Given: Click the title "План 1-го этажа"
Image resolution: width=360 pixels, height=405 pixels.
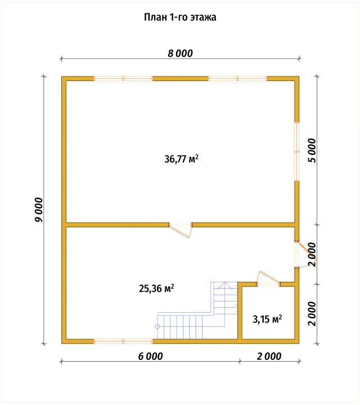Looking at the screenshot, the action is pos(180,17).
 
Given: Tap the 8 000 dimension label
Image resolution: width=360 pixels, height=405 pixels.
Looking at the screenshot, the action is pos(180,53).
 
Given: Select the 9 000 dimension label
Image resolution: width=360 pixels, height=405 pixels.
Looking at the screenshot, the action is pos(39,210).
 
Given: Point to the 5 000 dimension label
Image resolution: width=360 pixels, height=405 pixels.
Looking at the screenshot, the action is pos(312,150).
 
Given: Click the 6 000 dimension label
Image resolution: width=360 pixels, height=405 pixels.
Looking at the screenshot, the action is pos(150,356).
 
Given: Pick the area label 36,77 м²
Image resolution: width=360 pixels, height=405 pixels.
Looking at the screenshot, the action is pos(181,159).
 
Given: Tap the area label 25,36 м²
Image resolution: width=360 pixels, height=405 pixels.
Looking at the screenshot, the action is pos(156,288).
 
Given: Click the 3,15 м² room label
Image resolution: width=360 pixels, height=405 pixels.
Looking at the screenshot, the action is pos(267,319).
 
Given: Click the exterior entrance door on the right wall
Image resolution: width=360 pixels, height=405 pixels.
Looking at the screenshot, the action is pos(303,255).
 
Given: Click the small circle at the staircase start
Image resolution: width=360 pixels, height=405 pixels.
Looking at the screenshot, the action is pos(157,326).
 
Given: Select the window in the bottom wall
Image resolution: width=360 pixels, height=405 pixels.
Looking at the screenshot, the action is pos(123,341).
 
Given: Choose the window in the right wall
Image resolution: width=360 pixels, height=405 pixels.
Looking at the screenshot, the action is pos(297,151).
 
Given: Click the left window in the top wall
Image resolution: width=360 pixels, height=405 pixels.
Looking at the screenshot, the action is pos(123,79).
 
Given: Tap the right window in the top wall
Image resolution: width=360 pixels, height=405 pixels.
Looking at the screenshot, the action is pos(237,79).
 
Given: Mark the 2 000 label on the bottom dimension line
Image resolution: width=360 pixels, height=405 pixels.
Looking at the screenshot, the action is pos(269,356).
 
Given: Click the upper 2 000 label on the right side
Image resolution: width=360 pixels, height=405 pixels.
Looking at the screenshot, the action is pos(312,254).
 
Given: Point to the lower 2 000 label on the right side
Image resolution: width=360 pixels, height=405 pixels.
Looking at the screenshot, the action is pos(312,313).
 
